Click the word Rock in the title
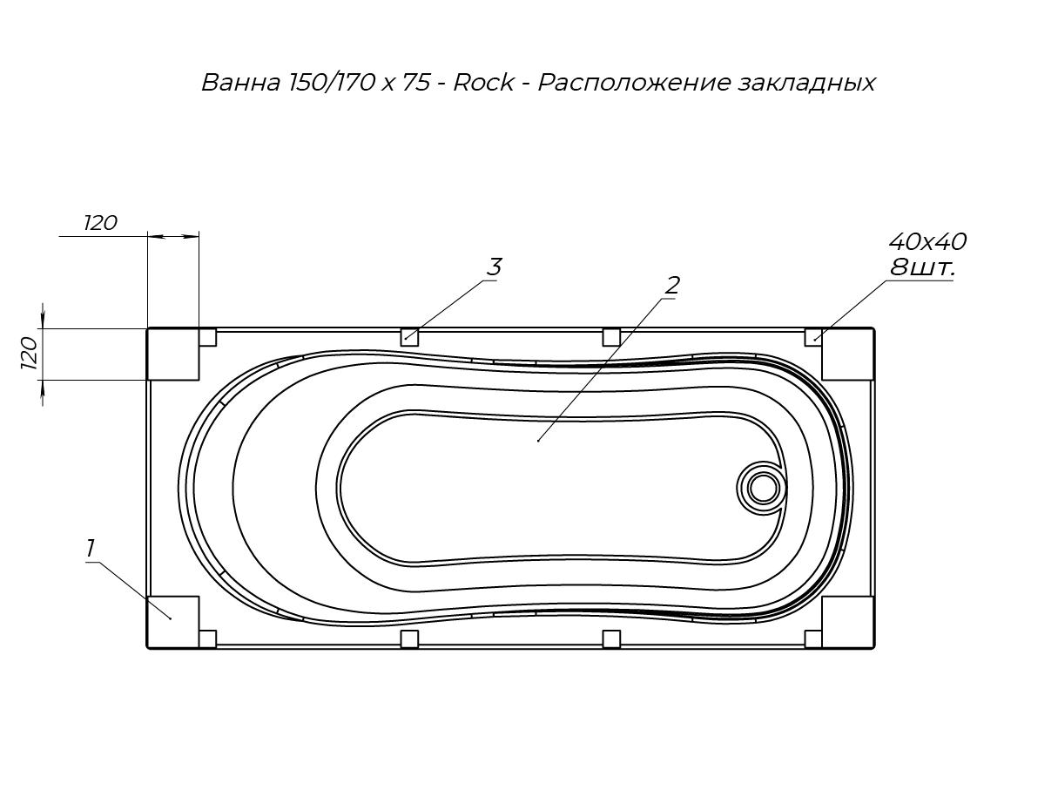(x=483, y=83)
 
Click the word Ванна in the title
(x=240, y=83)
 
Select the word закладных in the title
(x=806, y=84)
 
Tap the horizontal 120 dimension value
(x=100, y=223)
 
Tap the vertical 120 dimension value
(x=30, y=353)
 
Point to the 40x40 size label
(x=927, y=241)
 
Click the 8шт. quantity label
(x=921, y=267)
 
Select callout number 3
(x=494, y=267)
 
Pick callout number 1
(x=90, y=549)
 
